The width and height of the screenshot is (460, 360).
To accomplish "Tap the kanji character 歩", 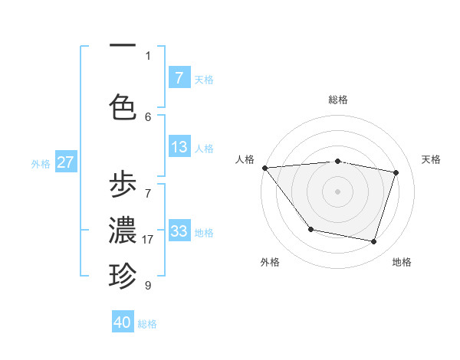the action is tap(123, 186).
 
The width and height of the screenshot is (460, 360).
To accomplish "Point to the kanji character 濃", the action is tap(123, 231).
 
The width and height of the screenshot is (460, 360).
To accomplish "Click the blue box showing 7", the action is tap(179, 78).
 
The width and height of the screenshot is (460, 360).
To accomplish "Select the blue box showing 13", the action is tap(179, 147).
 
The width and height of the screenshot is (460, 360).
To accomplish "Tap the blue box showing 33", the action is tap(179, 231).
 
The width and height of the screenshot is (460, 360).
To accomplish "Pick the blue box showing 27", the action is tap(66, 162).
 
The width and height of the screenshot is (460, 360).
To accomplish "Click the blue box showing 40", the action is tap(123, 322).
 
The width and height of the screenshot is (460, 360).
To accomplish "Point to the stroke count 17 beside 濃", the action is tap(148, 240).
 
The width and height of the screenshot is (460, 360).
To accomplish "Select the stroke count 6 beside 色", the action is tap(148, 116).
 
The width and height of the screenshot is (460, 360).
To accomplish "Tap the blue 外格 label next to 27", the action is tap(41, 163).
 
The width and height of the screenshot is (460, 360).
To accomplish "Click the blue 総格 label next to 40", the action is tap(147, 324).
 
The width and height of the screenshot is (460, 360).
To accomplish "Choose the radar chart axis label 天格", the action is tap(432, 159).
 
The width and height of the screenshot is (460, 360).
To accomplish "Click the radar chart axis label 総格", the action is tap(337, 100).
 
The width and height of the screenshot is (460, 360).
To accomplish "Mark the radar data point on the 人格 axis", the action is tap(264, 168).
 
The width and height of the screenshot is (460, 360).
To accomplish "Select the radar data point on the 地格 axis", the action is tap(373, 242).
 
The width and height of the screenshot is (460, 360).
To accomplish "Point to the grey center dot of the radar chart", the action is tap(337, 191).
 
